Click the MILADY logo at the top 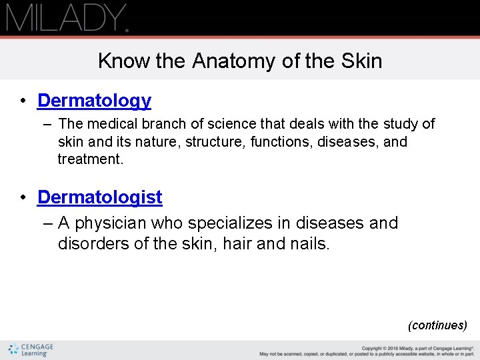pos(67,17)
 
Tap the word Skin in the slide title pos(361,61)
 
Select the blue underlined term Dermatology pos(94,101)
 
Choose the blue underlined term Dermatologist pos(100,197)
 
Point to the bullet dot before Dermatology pos(23,101)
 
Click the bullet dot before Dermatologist pos(23,198)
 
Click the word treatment pos(90,159)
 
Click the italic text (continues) pos(437,325)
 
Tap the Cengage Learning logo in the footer pos(30,349)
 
